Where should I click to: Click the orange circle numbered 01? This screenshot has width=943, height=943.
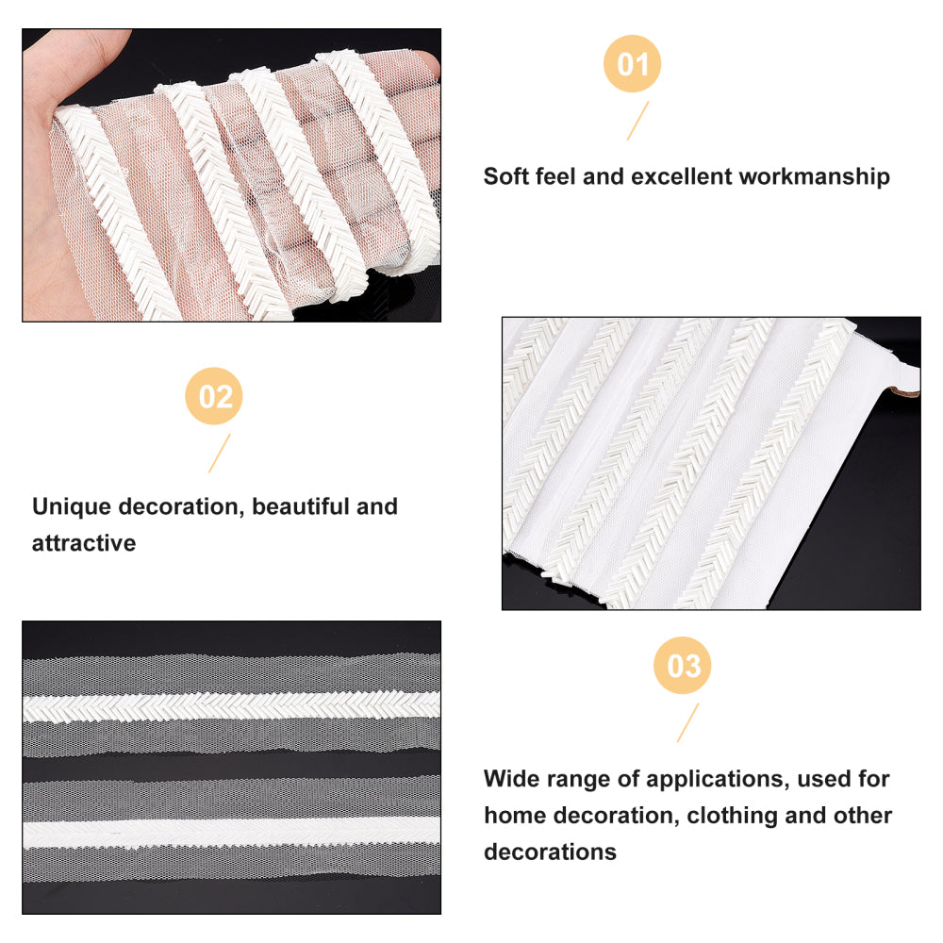coord(632,64)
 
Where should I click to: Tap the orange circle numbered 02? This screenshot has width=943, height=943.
coord(213,396)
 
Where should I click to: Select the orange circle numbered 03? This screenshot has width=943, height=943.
coord(683,666)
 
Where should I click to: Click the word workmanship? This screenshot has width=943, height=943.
coord(815,177)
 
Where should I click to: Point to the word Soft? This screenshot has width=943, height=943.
coord(505,176)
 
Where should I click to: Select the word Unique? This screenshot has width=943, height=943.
coord(72,507)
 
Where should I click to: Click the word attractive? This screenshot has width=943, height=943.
coord(84,543)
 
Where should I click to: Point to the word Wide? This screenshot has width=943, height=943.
coord(509,778)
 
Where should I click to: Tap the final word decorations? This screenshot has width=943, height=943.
coord(551,852)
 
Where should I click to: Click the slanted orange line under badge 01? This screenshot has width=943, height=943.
coord(637,121)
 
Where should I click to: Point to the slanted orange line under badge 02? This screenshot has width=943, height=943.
coord(219,453)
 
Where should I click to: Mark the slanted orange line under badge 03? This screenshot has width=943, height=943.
coord(687,722)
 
